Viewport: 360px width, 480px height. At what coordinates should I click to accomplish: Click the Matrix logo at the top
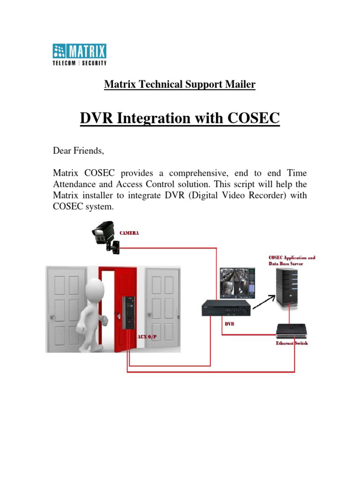click(x=79, y=54)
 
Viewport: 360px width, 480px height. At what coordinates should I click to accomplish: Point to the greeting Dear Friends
click(x=79, y=151)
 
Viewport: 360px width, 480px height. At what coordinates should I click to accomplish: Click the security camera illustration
click(x=105, y=238)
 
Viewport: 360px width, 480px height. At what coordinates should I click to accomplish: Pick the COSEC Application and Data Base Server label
click(x=292, y=261)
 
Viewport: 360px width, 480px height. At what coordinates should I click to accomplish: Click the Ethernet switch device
click(x=292, y=330)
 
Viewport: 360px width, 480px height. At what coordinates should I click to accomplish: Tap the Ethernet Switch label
click(x=292, y=343)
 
